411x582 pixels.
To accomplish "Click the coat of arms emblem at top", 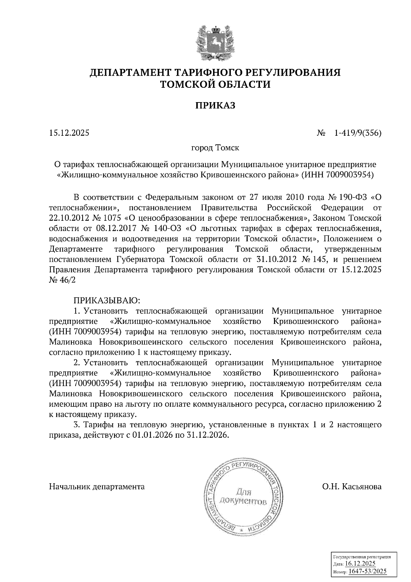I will coord(215,43).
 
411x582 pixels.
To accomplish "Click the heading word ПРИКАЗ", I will coord(215,106).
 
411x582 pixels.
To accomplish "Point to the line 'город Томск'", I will coord(215,148).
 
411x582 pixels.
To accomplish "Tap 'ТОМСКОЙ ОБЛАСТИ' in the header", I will coord(215,84).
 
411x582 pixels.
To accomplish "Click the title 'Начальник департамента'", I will coord(97,486).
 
